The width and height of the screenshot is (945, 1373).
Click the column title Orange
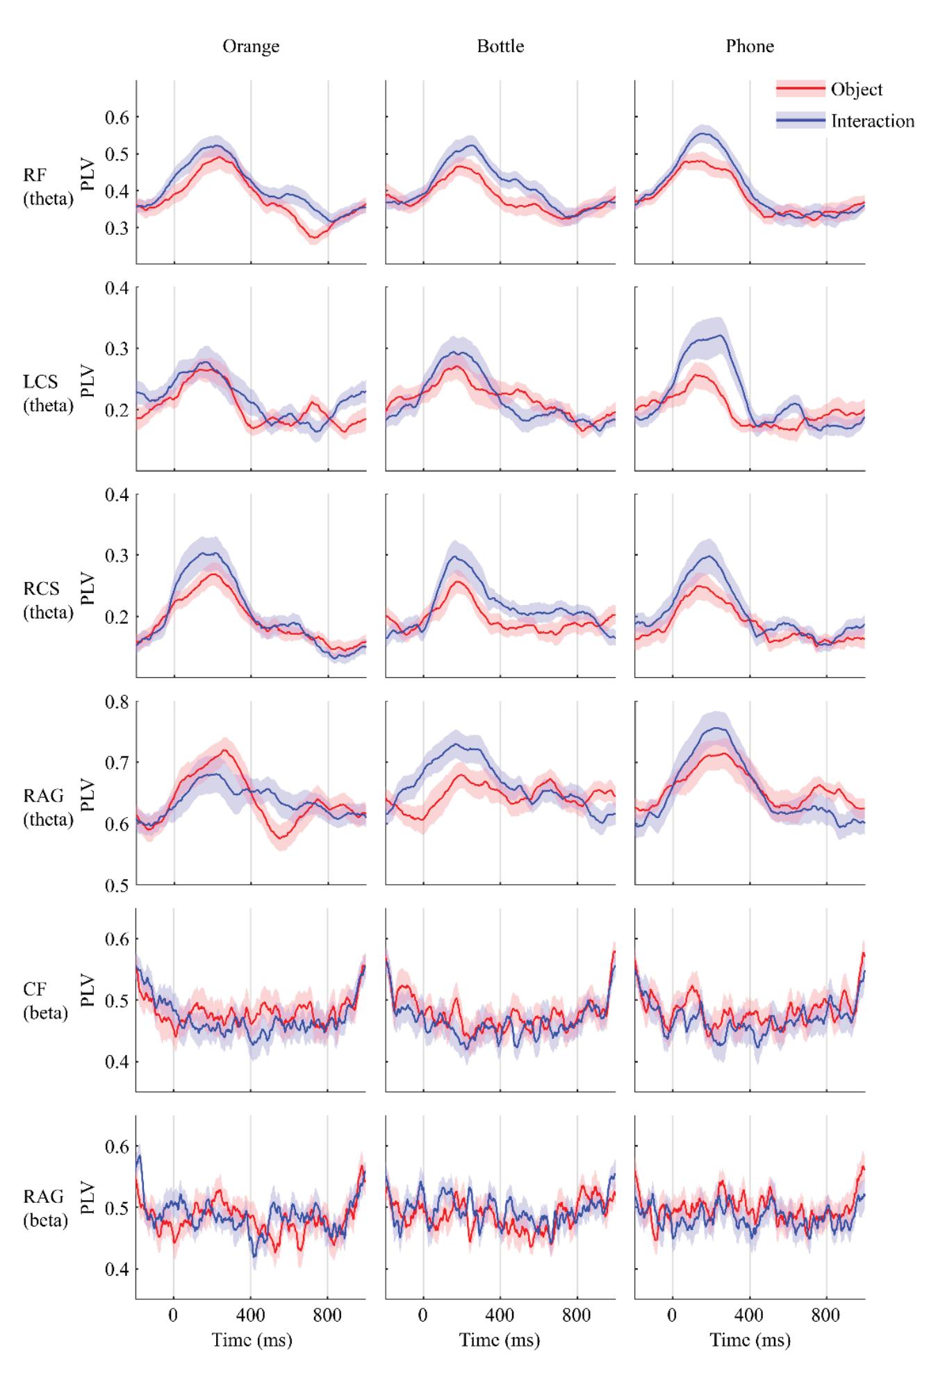click(x=251, y=47)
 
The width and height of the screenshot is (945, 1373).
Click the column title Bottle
click(x=500, y=47)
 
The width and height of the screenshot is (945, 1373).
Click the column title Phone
click(x=750, y=47)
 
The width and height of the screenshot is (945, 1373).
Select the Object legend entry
click(x=856, y=90)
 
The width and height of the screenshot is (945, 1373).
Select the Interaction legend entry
click(x=872, y=121)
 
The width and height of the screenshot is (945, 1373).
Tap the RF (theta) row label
click(x=48, y=190)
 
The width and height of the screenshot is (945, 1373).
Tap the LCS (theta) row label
click(x=48, y=394)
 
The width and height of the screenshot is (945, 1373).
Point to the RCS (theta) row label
click(x=48, y=601)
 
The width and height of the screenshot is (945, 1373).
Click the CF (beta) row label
click(x=46, y=1002)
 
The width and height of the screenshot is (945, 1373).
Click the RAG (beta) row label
click(x=46, y=1208)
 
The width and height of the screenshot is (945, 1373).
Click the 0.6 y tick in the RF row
click(x=116, y=117)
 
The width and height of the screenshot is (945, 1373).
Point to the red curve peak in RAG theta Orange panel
click(x=224, y=751)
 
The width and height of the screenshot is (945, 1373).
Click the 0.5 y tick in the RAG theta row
click(x=116, y=885)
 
